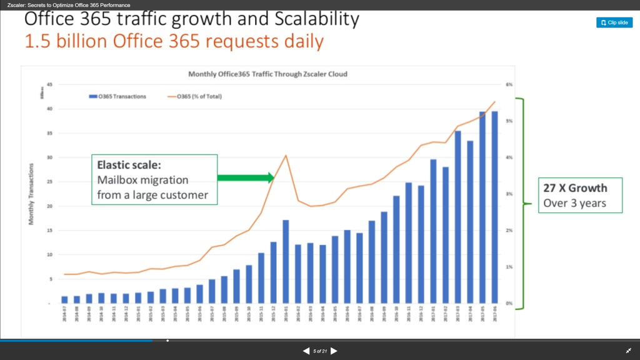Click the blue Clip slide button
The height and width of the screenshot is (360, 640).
point(614,22)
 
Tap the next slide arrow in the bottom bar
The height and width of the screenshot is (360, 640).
point(334,351)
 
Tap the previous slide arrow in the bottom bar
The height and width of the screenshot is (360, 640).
point(306,351)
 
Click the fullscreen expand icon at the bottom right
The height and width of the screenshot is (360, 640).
point(628,351)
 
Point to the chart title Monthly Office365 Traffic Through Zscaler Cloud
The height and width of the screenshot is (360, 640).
point(267,74)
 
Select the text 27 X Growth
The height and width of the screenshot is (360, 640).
point(574,188)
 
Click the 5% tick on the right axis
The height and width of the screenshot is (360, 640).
point(509,121)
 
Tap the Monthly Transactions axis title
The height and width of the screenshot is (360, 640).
point(31,194)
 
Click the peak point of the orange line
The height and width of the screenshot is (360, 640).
point(286,156)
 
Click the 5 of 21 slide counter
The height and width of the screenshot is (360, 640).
point(320,351)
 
